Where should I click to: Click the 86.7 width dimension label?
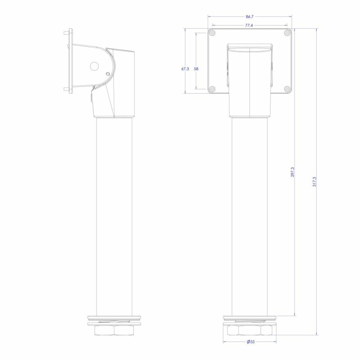249,17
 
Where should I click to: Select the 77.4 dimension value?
249,26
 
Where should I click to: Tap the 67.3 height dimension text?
185,69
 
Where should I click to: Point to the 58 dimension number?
196,69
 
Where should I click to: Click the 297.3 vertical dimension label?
292,172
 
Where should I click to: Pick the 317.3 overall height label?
314,182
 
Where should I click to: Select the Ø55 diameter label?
251,342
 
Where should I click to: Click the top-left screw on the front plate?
212,33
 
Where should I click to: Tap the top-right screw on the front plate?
287,33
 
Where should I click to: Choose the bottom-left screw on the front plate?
212,89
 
